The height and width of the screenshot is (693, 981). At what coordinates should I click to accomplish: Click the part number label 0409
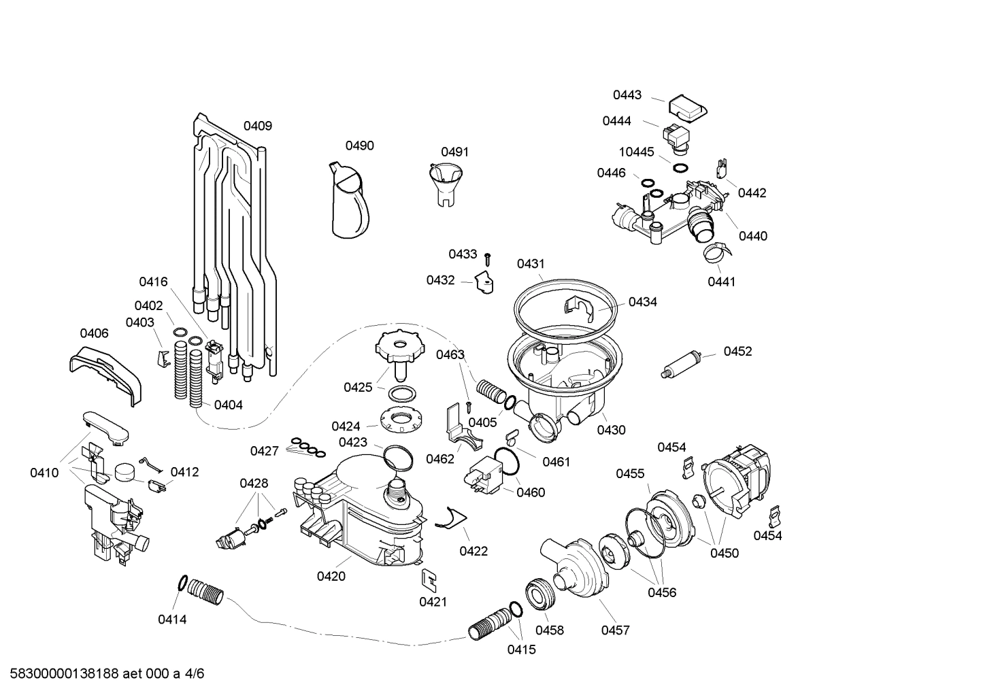click(258, 126)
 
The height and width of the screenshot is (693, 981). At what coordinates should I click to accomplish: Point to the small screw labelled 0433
click(488, 258)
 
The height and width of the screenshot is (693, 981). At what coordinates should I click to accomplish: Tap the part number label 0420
click(331, 577)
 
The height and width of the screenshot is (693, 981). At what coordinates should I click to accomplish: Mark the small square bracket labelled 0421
click(430, 579)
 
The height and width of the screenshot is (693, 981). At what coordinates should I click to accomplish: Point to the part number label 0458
click(550, 630)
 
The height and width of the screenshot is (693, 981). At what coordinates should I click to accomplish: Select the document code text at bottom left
click(103, 674)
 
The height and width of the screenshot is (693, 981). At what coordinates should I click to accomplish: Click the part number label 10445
click(636, 152)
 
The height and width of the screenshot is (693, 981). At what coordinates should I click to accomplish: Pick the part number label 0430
click(611, 430)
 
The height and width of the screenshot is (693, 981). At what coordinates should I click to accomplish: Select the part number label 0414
click(172, 620)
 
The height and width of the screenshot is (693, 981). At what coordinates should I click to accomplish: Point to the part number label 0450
click(725, 553)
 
